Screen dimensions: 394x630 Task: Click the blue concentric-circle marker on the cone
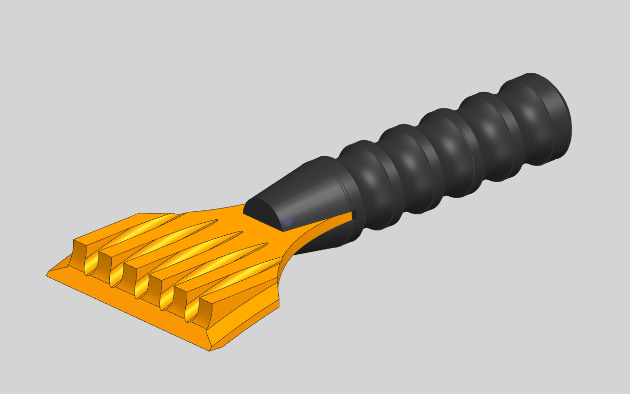click(x=288, y=222)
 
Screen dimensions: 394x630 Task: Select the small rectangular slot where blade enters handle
click(x=354, y=215)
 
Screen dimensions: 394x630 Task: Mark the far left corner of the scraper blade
click(x=47, y=275)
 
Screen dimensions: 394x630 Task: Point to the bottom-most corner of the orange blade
click(x=210, y=350)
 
